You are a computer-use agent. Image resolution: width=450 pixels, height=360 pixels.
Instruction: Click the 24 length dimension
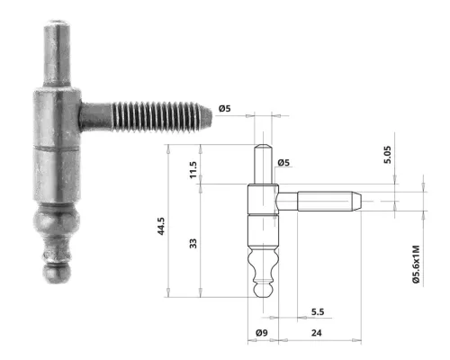point(317,334)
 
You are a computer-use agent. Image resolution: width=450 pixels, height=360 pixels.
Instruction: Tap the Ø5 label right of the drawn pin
point(283,163)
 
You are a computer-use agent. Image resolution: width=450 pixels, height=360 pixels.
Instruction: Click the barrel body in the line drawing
point(260,216)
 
